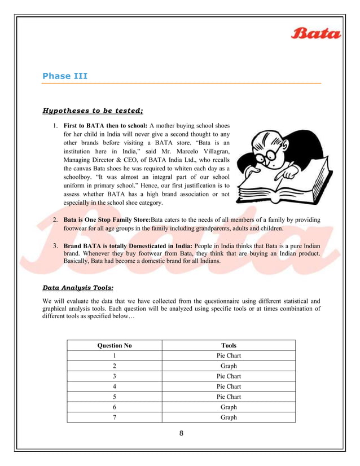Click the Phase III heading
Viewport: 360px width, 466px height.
tap(65, 76)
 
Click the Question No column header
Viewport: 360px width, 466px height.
tap(115, 345)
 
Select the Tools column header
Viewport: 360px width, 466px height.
tap(229, 345)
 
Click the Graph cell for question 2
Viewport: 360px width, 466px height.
tap(229, 366)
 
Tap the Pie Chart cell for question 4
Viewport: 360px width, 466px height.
tap(229, 386)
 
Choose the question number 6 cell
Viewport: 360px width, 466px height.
tap(115, 407)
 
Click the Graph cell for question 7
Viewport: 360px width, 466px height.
tap(229, 417)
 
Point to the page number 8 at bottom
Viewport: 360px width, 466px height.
tap(181, 433)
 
